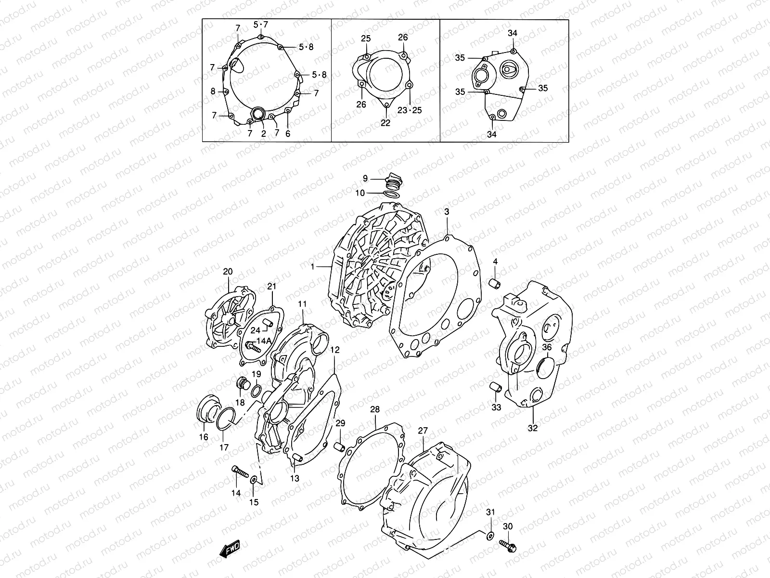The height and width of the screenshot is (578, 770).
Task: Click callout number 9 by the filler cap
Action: pos(365,179)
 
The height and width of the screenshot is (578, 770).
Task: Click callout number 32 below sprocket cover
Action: pos(533,428)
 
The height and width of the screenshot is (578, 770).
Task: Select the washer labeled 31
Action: pos(490,536)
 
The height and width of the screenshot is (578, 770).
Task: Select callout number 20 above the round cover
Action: pos(228,272)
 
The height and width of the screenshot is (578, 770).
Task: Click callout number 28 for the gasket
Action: pos(375,410)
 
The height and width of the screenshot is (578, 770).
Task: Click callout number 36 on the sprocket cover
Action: pos(547,347)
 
